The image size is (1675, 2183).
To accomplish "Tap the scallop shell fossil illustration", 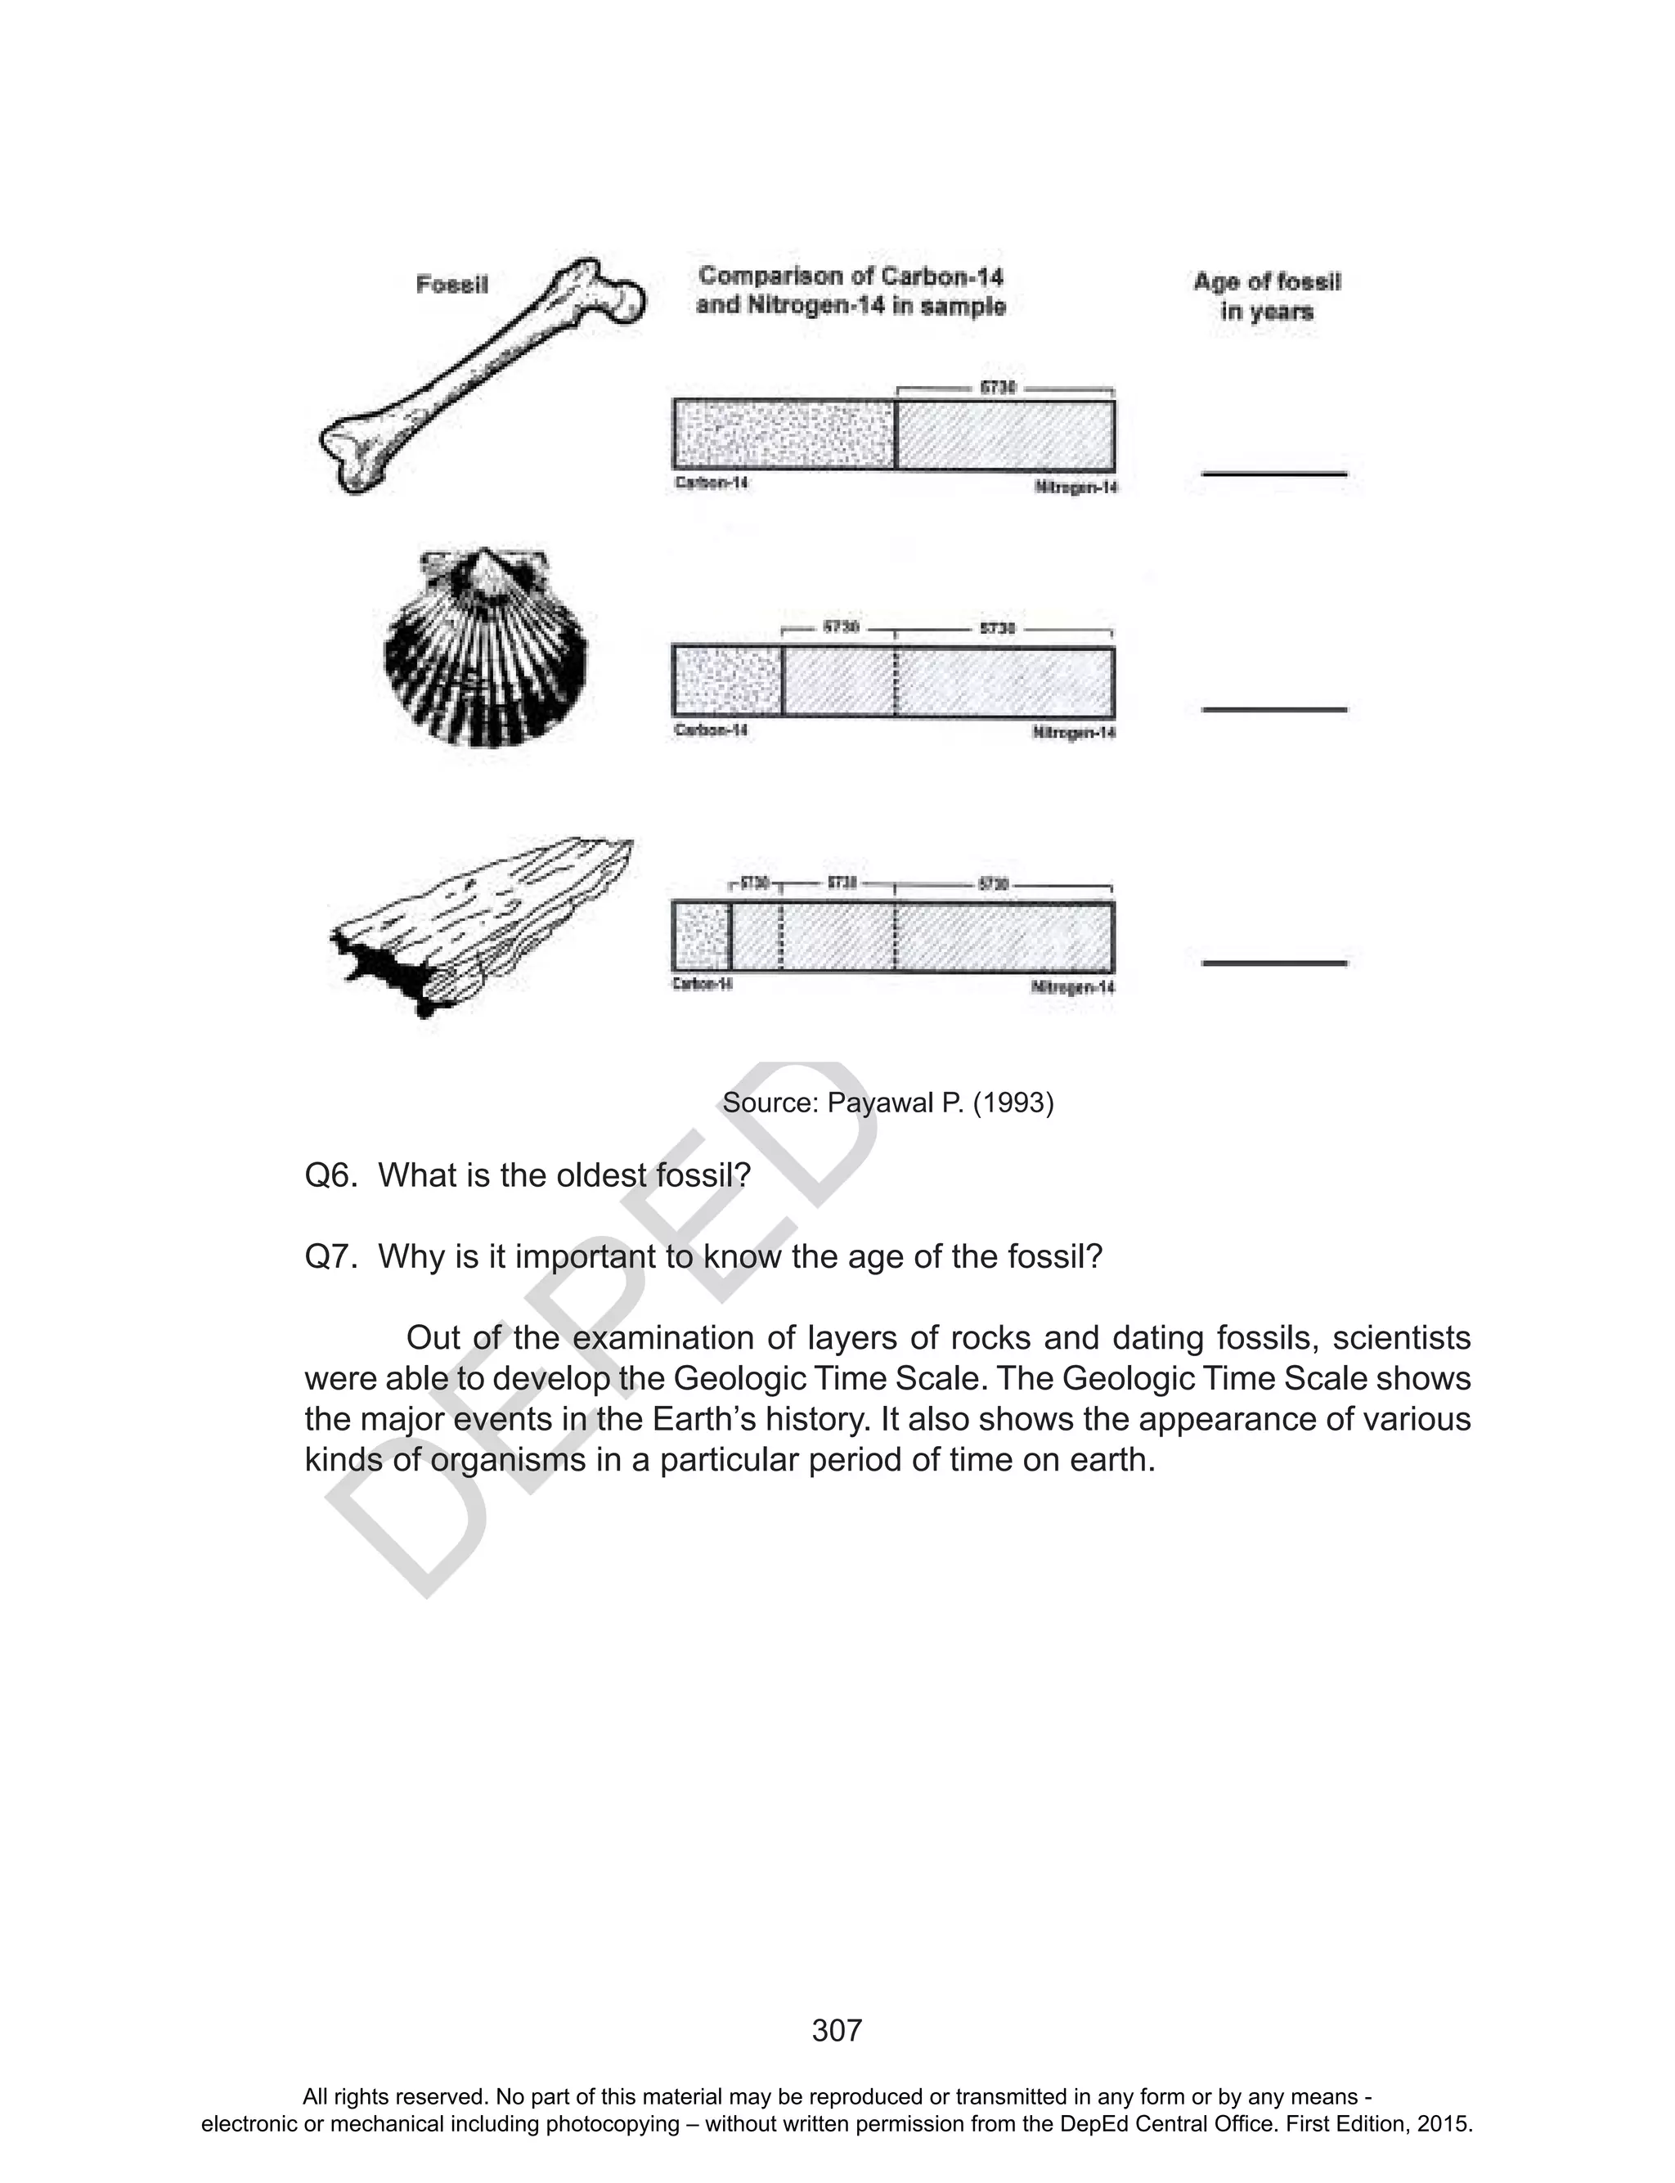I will [486, 649].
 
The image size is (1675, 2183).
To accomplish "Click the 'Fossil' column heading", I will [451, 285].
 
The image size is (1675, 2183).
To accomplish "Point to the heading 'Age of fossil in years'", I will [1266, 296].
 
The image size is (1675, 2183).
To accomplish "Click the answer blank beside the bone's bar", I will [1273, 473].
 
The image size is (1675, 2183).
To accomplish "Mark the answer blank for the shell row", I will [1273, 709].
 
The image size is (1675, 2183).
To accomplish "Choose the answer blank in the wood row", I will [1273, 963].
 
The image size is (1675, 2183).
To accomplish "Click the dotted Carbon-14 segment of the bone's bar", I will [784, 433].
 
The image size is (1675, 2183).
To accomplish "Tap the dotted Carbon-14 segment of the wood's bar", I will [702, 936].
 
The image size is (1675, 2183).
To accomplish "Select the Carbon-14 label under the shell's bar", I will [711, 730].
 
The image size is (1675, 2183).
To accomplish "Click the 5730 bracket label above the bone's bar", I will [997, 387].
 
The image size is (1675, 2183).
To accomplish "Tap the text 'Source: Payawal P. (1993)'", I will [887, 1103].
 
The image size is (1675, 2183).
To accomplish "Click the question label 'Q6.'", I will [330, 1175].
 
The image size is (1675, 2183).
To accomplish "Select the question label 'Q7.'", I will [330, 1256].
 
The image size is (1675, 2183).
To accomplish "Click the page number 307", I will [837, 2031].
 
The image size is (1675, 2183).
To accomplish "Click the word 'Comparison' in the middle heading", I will [766, 276].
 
